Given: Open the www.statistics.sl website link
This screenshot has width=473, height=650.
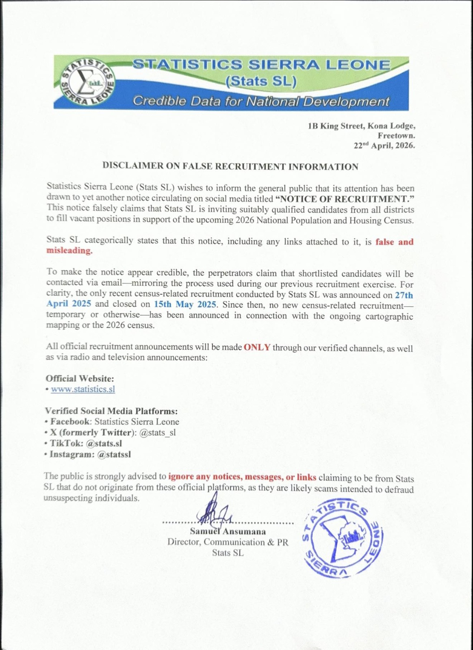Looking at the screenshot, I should (83, 389).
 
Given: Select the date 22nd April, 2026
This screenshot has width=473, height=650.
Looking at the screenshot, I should (384, 145).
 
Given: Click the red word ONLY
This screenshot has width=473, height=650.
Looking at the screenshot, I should (257, 347).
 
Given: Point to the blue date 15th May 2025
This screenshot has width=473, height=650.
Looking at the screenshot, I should (185, 304).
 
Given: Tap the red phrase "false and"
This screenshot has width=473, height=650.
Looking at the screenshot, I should (394, 242).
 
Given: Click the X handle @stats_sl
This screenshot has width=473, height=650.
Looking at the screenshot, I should (158, 433).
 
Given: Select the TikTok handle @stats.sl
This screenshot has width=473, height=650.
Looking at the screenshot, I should (104, 444).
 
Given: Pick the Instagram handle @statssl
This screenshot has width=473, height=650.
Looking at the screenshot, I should (114, 455).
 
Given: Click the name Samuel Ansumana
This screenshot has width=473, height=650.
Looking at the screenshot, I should (228, 532).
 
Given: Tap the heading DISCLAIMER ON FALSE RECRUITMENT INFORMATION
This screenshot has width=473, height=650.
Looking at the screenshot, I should (230, 167).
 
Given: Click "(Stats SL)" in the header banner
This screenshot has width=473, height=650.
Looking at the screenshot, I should (261, 82).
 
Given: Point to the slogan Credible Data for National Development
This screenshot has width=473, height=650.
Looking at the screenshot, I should (261, 101).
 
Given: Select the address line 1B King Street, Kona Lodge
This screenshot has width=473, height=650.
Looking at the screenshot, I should (361, 126).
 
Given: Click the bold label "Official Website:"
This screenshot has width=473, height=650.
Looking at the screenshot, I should (80, 379).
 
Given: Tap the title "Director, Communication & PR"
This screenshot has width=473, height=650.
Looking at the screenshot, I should (228, 542).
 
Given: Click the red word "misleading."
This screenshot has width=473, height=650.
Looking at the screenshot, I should (69, 251).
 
